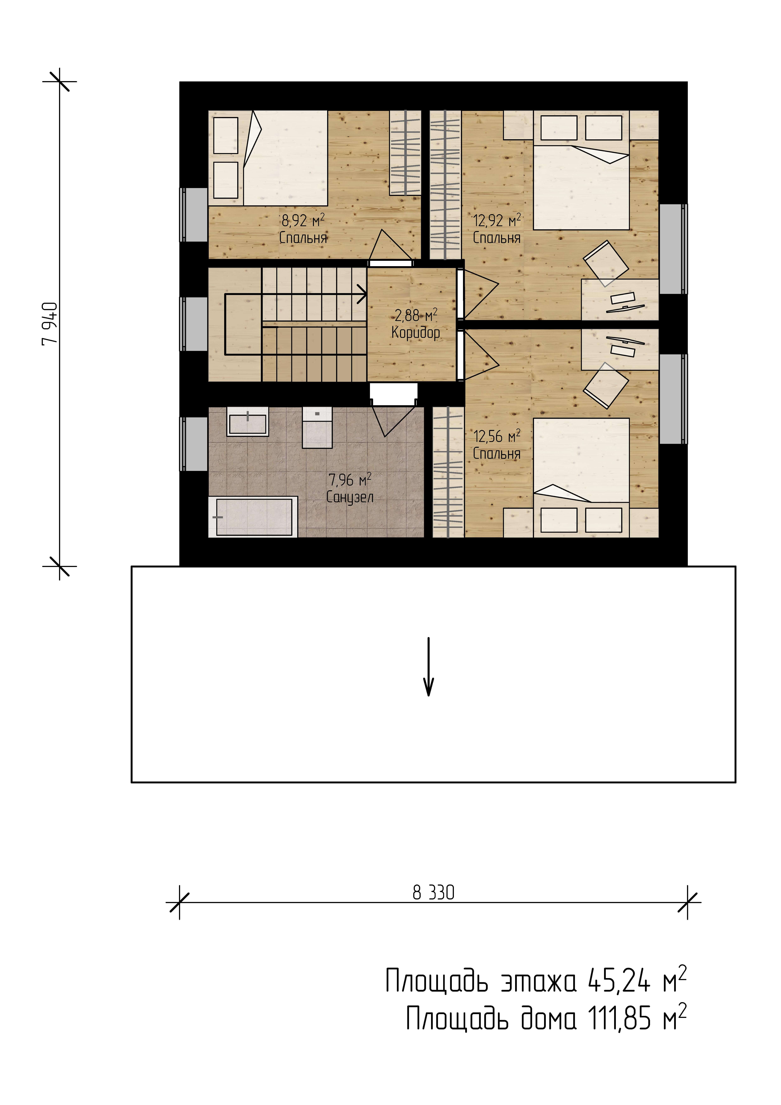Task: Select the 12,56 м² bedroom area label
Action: pyautogui.click(x=497, y=437)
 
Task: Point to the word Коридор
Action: pyautogui.click(x=416, y=333)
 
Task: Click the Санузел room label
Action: pyautogui.click(x=350, y=497)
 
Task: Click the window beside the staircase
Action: pyautogui.click(x=194, y=324)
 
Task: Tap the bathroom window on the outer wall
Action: pyautogui.click(x=194, y=444)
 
